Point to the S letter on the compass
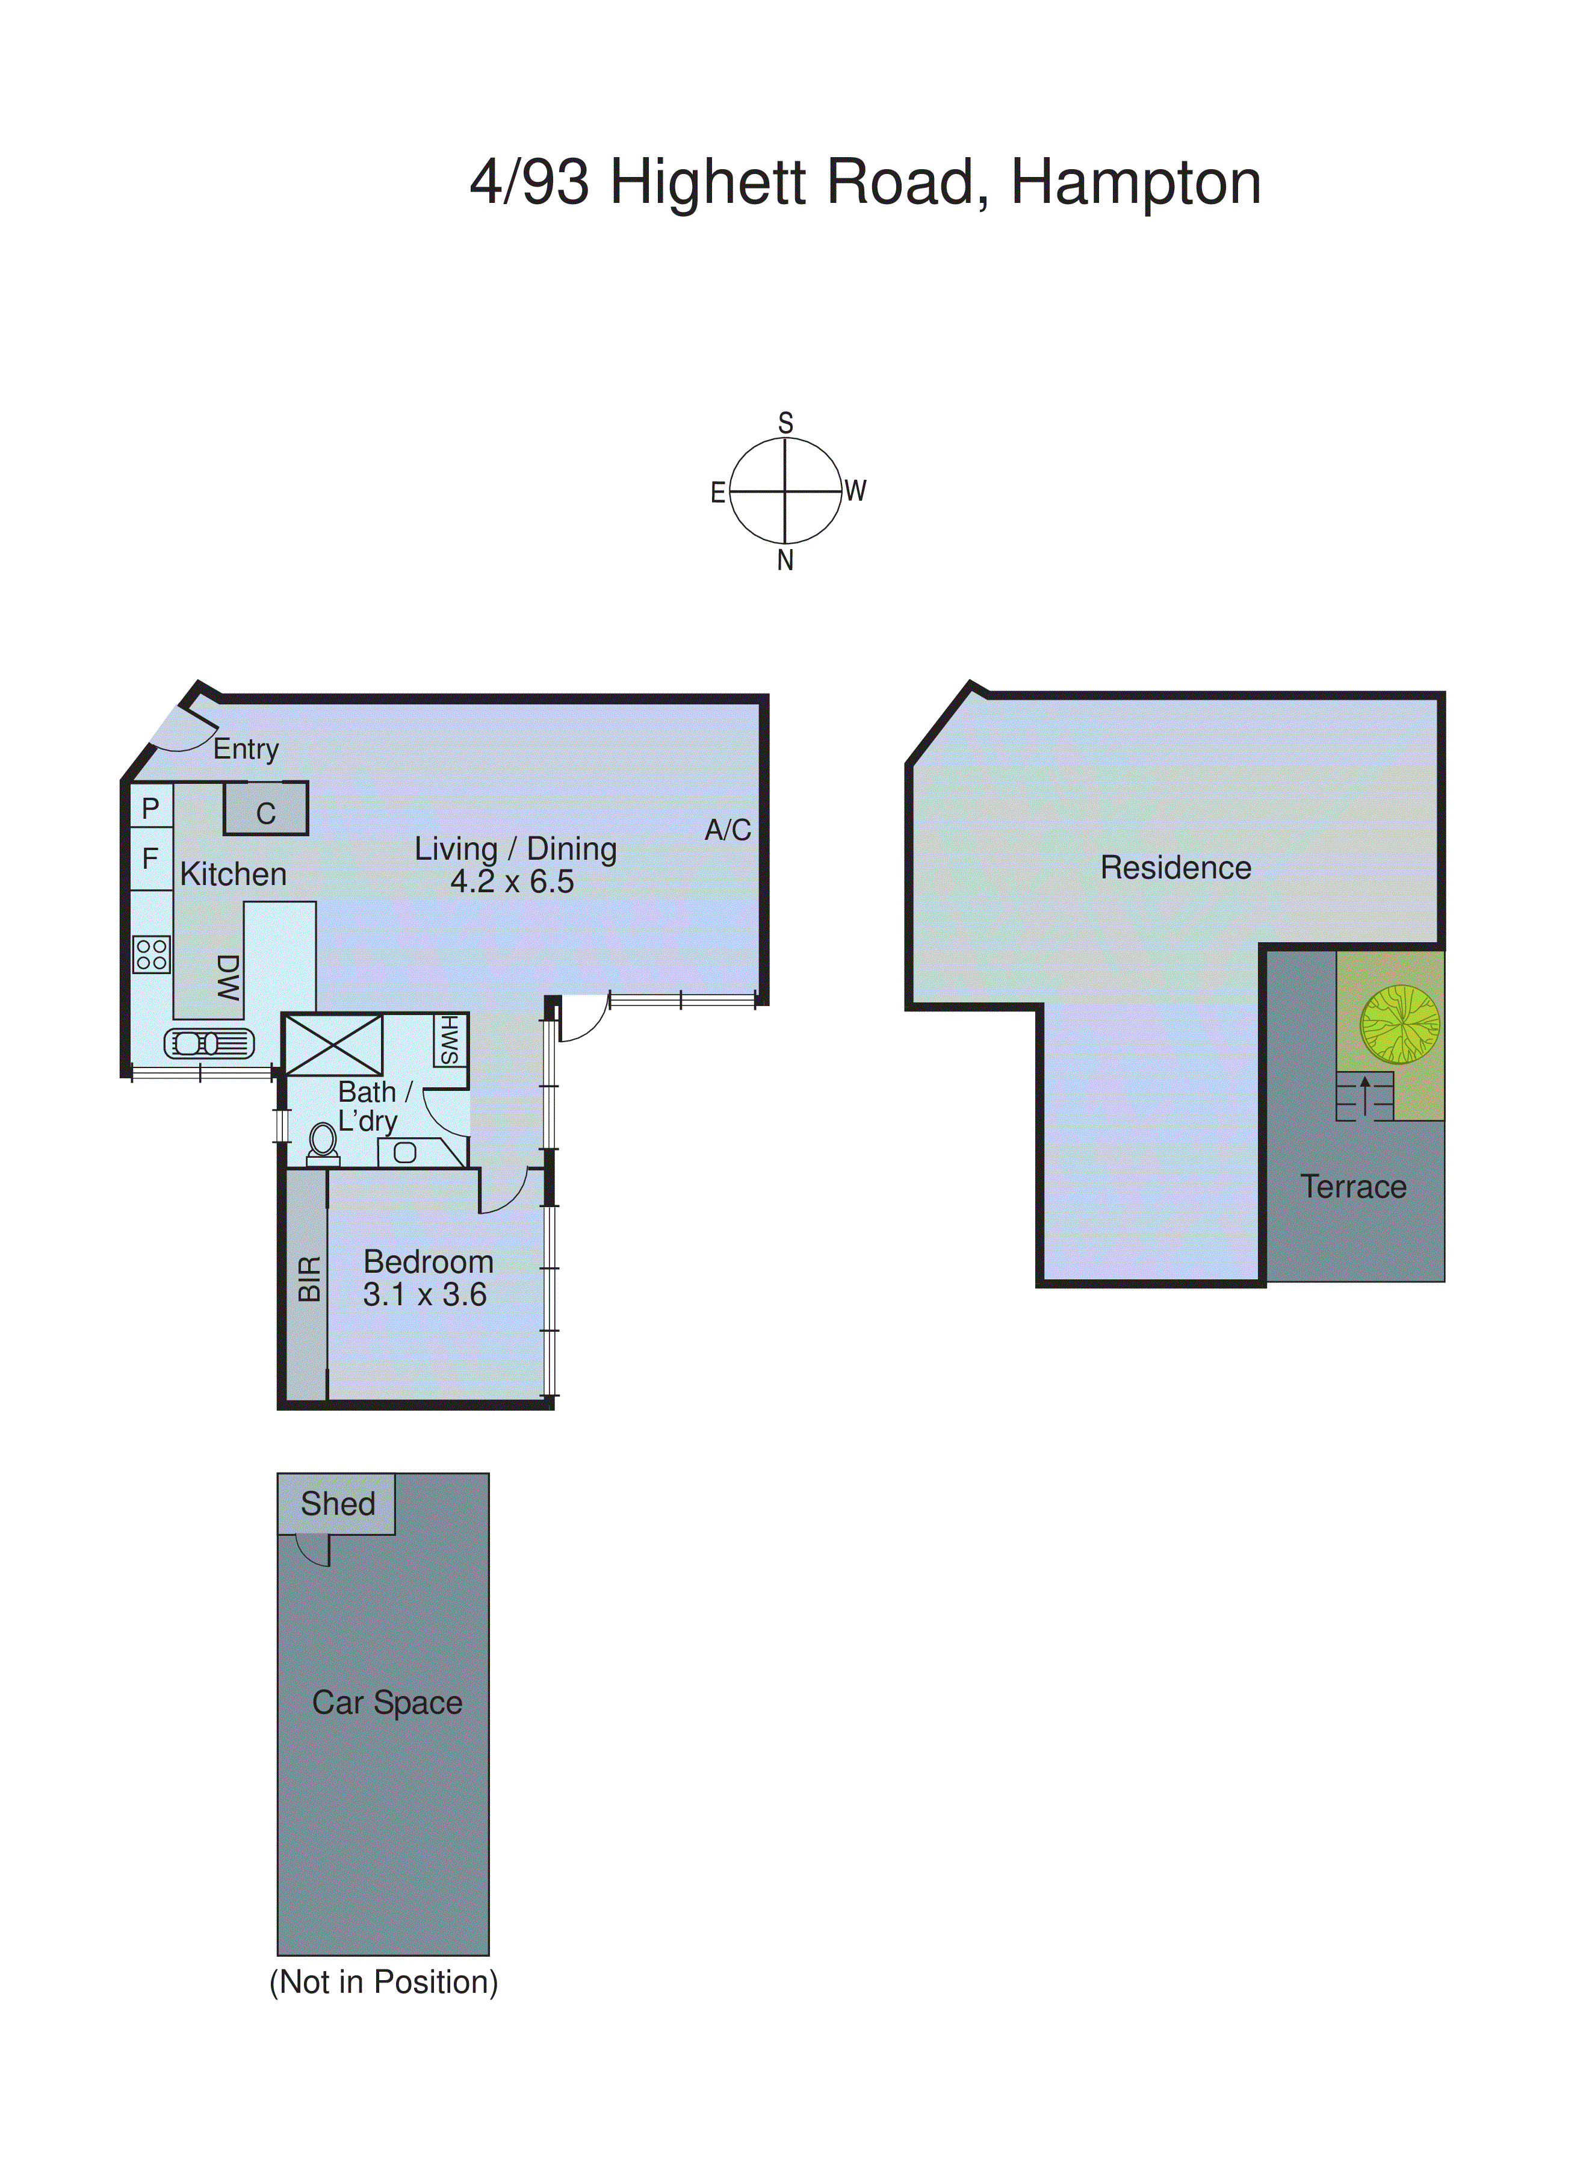pyautogui.click(x=785, y=423)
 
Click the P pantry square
pyautogui.click(x=150, y=807)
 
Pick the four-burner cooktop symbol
pyautogui.click(x=152, y=955)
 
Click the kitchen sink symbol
pyautogui.click(x=209, y=1044)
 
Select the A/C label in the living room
pyautogui.click(x=727, y=830)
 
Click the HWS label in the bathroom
pyautogui.click(x=450, y=1040)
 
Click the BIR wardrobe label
pyautogui.click(x=309, y=1279)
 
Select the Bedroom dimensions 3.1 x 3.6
pyautogui.click(x=425, y=1295)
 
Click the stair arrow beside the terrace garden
pyautogui.click(x=1364, y=1095)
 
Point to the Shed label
pyautogui.click(x=337, y=1503)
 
